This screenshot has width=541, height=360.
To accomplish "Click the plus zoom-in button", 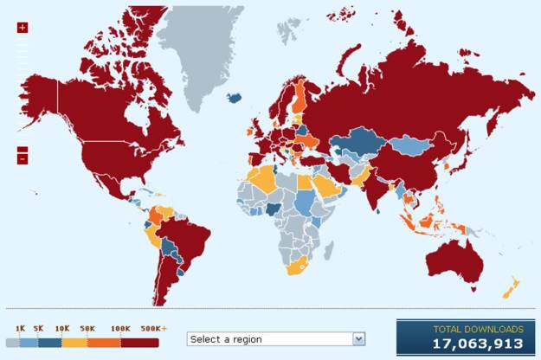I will pos(23,28).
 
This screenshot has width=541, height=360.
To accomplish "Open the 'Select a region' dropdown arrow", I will pos(358,338).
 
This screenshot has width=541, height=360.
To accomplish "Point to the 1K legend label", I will pos(20,329).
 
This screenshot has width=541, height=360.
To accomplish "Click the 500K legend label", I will pos(148,329).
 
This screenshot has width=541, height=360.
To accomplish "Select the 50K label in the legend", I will pos(87,329).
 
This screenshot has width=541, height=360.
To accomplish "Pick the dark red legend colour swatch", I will pos(139,342).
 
